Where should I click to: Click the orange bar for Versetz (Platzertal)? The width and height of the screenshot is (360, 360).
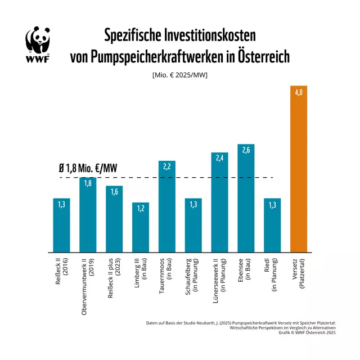pos(299,169)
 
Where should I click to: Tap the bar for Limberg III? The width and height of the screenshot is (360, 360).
pos(140,228)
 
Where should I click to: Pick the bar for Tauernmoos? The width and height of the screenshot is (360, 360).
pos(166,208)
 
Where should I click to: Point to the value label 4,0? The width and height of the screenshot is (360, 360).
pos(299,92)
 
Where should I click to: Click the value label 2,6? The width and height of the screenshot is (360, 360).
pos(246,150)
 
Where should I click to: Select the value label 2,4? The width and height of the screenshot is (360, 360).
pos(219,158)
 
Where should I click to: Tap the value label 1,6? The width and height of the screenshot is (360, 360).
pos(114,192)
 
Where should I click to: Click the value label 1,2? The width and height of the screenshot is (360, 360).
pos(140,208)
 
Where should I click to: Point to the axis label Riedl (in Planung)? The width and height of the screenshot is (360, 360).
pos(272,274)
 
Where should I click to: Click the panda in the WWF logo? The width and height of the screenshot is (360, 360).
pos(37,40)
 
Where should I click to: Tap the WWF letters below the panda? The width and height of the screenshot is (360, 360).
pos(37,58)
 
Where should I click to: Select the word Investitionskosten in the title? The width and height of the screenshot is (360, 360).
pos(208,35)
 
